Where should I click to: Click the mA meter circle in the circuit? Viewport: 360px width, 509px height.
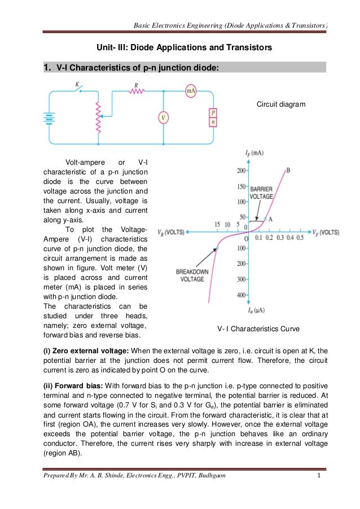click(x=191, y=91)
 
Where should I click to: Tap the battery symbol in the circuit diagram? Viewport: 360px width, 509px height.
click(x=50, y=119)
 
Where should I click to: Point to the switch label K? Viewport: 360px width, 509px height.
click(x=77, y=85)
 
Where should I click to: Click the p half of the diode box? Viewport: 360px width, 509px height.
click(x=213, y=113)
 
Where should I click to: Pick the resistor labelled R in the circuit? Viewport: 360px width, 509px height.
click(x=136, y=90)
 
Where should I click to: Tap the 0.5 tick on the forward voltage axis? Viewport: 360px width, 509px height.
click(x=299, y=238)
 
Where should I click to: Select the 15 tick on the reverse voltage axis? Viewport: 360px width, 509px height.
click(x=217, y=225)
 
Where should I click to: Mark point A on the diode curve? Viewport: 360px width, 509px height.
click(x=266, y=219)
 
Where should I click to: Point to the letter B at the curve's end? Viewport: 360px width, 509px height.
click(x=288, y=170)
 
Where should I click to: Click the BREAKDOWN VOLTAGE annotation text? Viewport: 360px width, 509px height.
click(x=192, y=275)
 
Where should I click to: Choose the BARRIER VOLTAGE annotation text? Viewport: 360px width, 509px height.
click(x=262, y=193)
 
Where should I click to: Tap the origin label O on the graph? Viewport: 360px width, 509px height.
click(x=246, y=239)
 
